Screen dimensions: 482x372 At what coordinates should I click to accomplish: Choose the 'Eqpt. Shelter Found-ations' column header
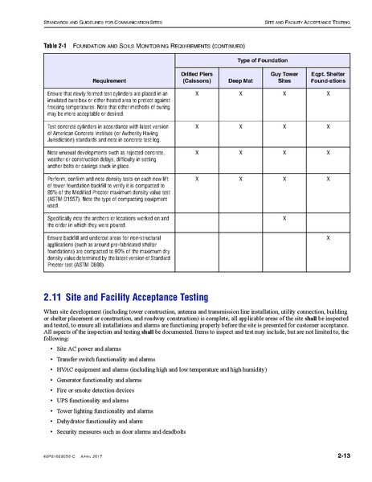pyautogui.click(x=328, y=77)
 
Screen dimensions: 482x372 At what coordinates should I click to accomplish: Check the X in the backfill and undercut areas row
pyautogui.click(x=328, y=216)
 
